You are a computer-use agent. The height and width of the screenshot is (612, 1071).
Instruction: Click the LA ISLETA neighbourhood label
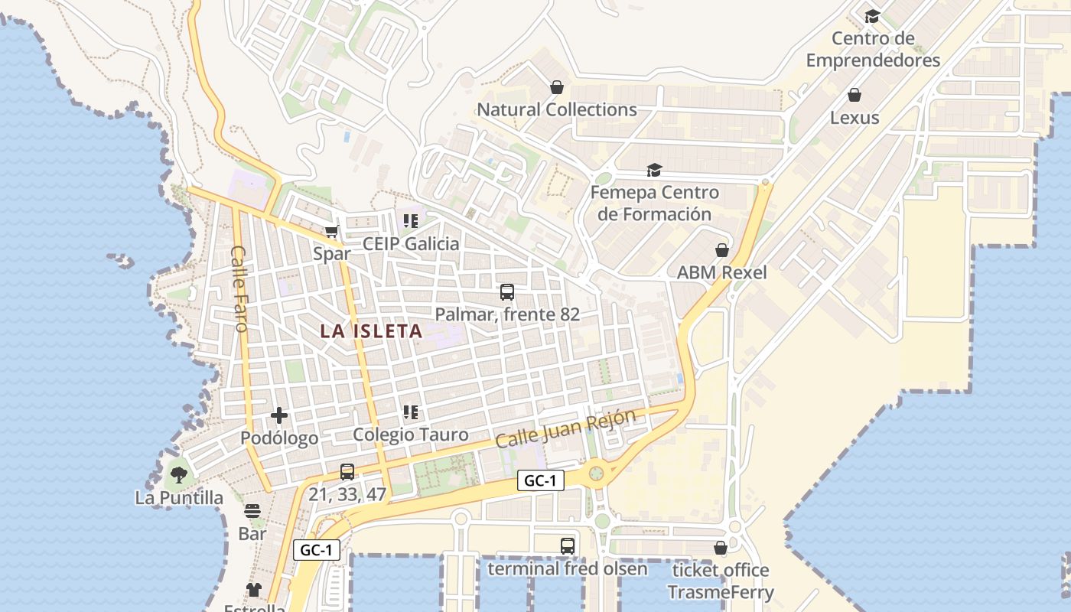coord(371,331)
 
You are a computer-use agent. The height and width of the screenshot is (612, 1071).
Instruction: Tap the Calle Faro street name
coord(239,288)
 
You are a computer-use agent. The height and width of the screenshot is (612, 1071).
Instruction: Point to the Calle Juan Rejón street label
coord(565,429)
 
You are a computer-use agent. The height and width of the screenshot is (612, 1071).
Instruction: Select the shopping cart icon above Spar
coord(331,231)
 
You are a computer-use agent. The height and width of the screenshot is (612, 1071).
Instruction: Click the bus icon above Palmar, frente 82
coord(507,291)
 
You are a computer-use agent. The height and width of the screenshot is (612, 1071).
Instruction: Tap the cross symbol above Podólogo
coord(279,415)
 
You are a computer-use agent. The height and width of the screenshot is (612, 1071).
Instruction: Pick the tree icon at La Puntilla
coord(179,475)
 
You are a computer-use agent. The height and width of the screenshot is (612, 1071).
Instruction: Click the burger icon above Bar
coord(252,511)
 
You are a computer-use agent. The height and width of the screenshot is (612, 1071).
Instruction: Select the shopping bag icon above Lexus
coord(855,95)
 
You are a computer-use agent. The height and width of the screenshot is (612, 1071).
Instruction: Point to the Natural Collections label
coord(557,109)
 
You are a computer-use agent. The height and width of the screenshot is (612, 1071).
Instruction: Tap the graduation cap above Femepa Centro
coord(654,170)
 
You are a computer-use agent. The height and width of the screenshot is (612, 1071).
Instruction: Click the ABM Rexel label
coord(721,272)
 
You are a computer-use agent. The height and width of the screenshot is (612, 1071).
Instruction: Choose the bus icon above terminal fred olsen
coord(568,546)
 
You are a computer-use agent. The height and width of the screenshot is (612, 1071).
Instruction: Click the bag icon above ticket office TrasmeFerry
coord(720,548)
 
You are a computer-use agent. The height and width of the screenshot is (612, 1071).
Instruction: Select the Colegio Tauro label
coord(411,435)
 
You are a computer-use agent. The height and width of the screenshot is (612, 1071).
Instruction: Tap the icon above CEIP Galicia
coord(411,221)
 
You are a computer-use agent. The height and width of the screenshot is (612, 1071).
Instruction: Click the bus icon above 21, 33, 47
coord(347,472)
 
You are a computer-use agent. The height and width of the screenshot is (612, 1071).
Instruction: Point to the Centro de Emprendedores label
coord(873,49)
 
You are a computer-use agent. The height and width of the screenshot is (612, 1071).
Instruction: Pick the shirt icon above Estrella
coord(254,590)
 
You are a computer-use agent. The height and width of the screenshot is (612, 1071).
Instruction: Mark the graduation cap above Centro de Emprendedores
coord(872,16)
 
